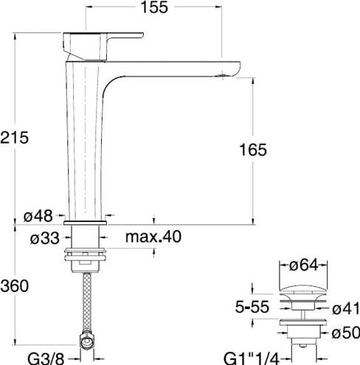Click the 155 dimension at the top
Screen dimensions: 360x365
coord(154,7)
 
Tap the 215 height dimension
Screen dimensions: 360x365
coord(15,137)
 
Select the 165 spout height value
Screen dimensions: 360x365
coord(253,150)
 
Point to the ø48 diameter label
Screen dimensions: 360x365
coord(38,216)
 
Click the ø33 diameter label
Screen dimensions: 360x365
coord(45,238)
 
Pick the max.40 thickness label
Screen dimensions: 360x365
coord(153,237)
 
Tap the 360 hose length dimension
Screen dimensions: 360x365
coord(15,286)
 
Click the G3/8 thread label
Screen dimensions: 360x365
coord(46,359)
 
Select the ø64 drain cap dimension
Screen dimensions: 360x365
coord(303,265)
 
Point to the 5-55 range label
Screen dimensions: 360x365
coord(252,307)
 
